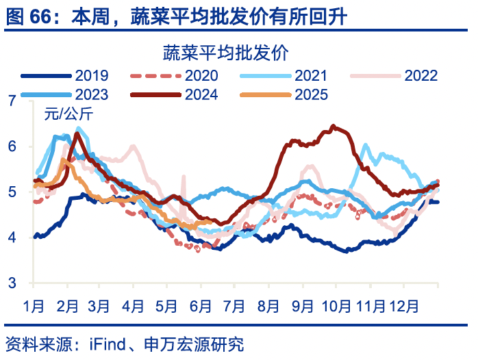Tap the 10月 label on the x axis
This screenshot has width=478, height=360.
pos(336,303)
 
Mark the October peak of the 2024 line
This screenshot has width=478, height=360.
pos(333,126)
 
